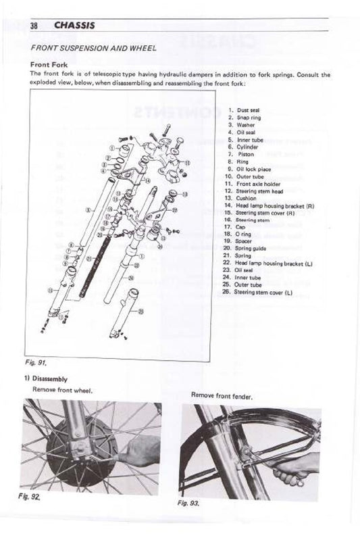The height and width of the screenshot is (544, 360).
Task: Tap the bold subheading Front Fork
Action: pos(50,65)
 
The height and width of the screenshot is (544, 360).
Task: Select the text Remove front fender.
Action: pos(222,395)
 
